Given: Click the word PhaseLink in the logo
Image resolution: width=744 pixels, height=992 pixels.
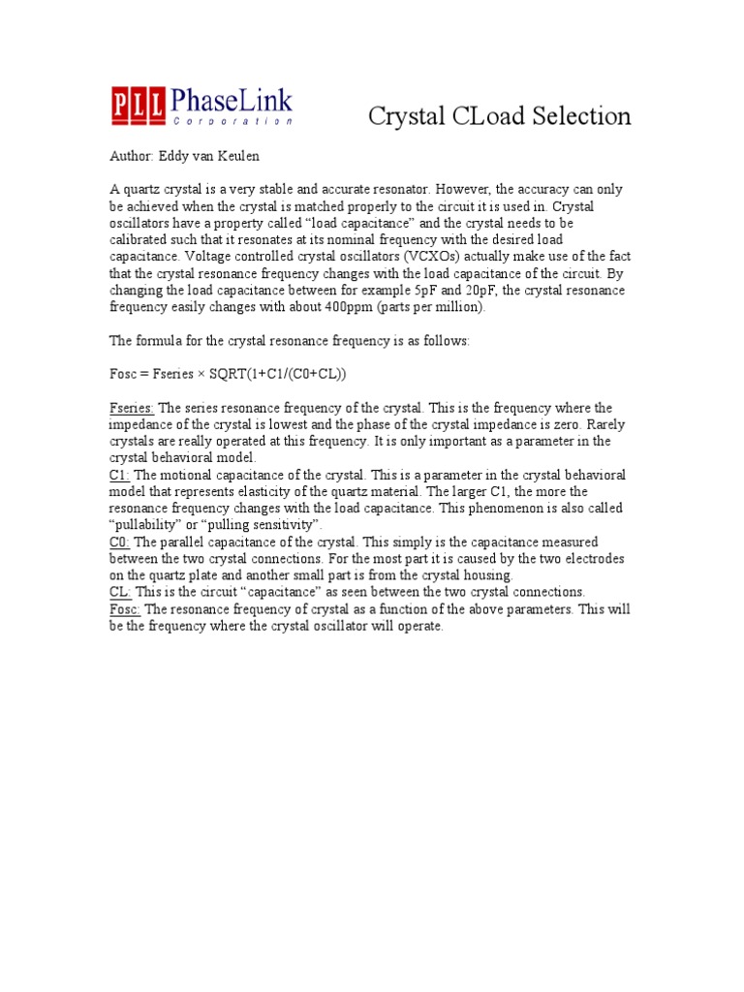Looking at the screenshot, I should [232, 101].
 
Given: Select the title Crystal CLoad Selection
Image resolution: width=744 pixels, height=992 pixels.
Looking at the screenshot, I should [499, 116].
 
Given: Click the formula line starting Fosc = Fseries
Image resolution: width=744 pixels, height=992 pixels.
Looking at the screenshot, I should [228, 374].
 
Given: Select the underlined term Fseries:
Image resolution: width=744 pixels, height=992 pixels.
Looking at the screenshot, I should [132, 408].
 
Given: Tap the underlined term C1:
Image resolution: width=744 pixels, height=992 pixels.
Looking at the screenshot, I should [119, 475].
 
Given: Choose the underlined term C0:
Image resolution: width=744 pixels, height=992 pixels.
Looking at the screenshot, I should [119, 542].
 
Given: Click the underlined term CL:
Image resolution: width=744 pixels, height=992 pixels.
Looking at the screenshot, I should [120, 592].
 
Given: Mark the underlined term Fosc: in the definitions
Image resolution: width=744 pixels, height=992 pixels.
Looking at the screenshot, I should [125, 608].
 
